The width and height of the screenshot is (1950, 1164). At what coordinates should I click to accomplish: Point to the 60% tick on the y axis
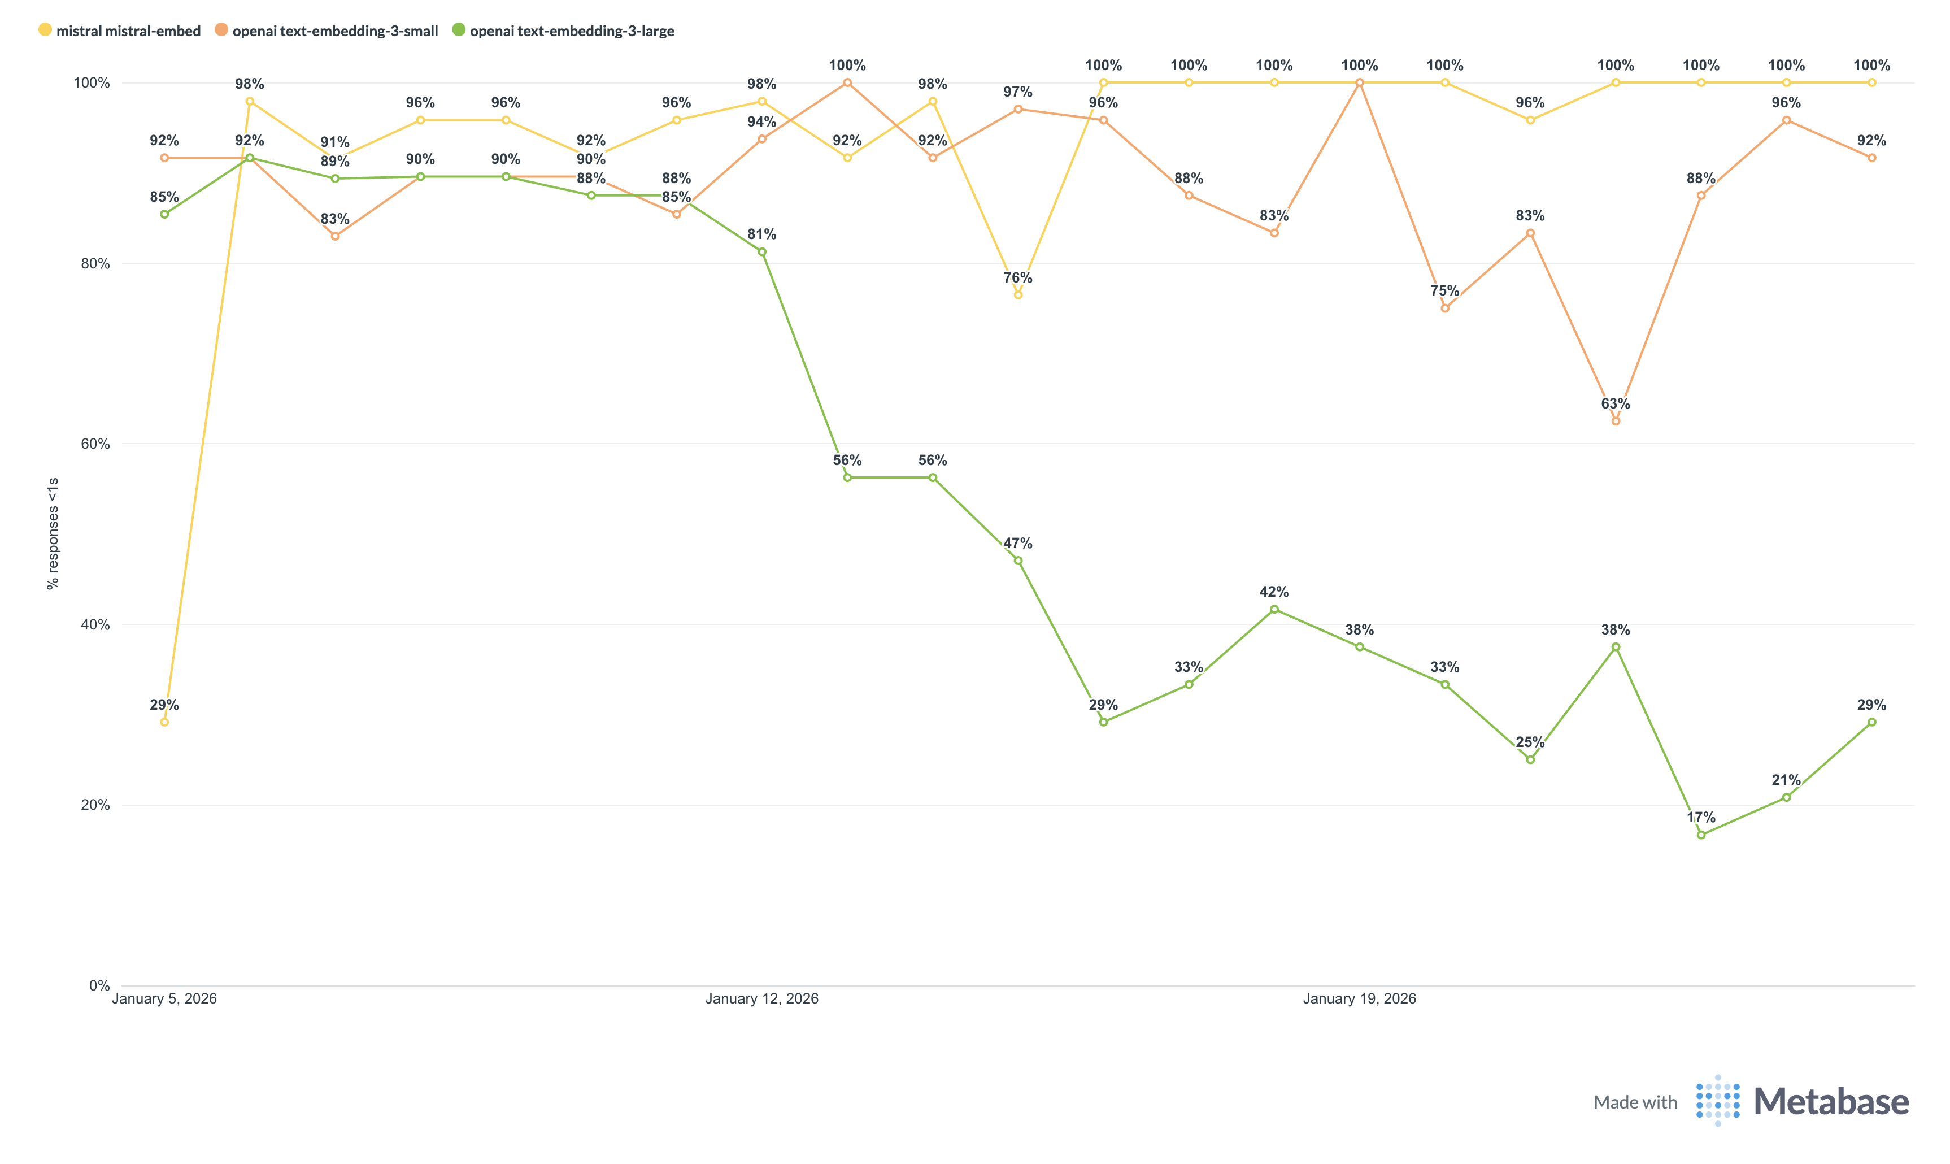click(95, 444)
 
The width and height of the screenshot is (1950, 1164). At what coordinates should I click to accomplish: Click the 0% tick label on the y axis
click(99, 986)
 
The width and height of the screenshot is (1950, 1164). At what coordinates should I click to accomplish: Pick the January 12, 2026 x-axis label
click(761, 998)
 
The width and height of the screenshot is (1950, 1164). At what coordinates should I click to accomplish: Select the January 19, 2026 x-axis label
click(1359, 998)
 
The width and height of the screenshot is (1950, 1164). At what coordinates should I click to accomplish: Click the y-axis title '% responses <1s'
click(53, 533)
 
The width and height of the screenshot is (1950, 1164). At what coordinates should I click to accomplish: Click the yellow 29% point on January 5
click(164, 722)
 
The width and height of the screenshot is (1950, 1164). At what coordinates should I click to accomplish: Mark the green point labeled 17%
click(1701, 835)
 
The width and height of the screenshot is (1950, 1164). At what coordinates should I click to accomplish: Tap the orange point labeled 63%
click(1615, 421)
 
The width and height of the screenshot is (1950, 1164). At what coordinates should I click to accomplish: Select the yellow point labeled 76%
click(1018, 295)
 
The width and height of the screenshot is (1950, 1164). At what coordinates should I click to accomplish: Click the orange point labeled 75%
click(1445, 309)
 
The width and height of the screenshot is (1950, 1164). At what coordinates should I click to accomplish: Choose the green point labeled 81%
click(762, 252)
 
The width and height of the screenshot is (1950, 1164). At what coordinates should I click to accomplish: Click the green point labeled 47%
click(1018, 561)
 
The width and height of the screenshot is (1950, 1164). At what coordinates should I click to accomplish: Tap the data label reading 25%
click(1530, 742)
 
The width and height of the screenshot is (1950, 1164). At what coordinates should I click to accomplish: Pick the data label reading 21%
click(1786, 780)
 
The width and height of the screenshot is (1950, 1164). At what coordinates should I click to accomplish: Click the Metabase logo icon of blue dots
click(1717, 1101)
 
